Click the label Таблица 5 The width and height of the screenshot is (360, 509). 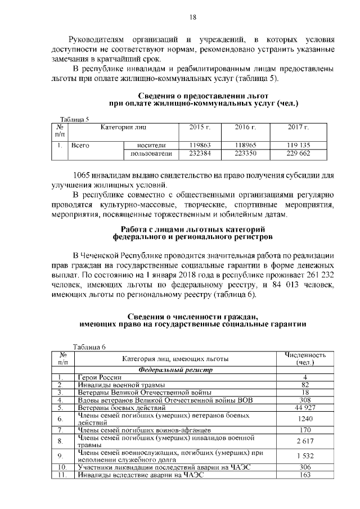[74, 119]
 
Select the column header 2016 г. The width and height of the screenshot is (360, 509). [245, 128]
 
